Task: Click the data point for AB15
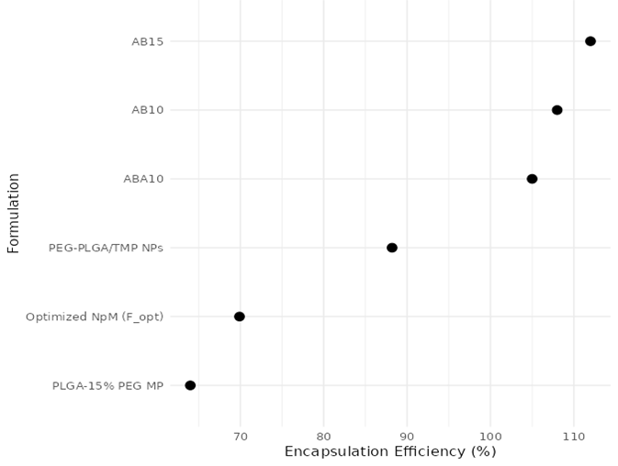pyautogui.click(x=590, y=41)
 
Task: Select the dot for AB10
pyautogui.click(x=556, y=110)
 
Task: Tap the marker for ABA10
pyautogui.click(x=532, y=179)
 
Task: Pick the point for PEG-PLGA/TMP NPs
pyautogui.click(x=392, y=248)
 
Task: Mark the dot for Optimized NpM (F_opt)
pyautogui.click(x=240, y=316)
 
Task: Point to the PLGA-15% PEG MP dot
pyautogui.click(x=190, y=385)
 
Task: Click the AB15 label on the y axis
pyautogui.click(x=147, y=41)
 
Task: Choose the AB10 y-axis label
pyautogui.click(x=147, y=110)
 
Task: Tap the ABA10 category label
pyautogui.click(x=143, y=179)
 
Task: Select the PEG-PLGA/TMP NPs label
pyautogui.click(x=106, y=248)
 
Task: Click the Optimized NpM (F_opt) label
pyautogui.click(x=95, y=316)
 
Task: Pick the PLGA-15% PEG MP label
pyautogui.click(x=107, y=385)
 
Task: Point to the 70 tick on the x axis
pyautogui.click(x=240, y=436)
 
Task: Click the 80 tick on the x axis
pyautogui.click(x=323, y=436)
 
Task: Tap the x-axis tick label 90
pyautogui.click(x=407, y=436)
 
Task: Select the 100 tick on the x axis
pyautogui.click(x=490, y=436)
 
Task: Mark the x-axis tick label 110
pyautogui.click(x=574, y=436)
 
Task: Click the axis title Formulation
pyautogui.click(x=14, y=213)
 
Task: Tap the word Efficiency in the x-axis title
pyautogui.click(x=426, y=451)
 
